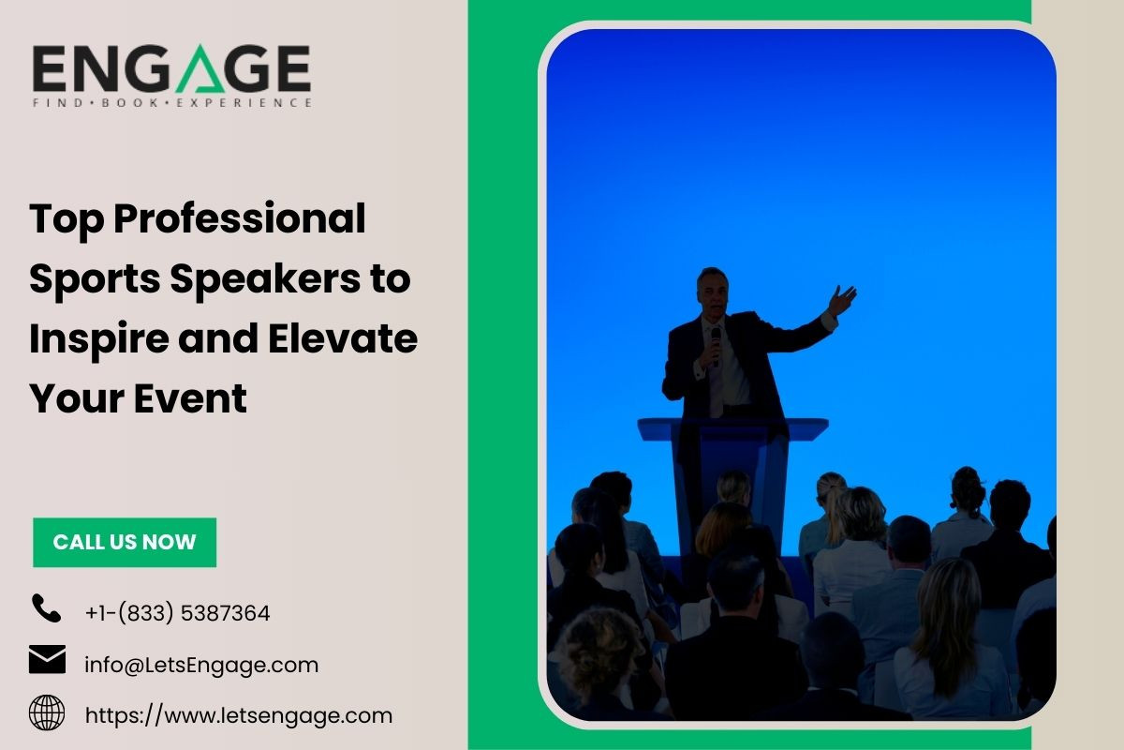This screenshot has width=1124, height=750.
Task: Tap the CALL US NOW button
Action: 125,542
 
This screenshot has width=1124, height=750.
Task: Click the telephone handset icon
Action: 46,608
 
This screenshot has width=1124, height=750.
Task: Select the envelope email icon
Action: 47,659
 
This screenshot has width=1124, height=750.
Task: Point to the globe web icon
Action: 47,712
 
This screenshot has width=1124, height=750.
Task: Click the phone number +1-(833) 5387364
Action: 178,613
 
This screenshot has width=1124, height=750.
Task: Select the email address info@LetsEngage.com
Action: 201,665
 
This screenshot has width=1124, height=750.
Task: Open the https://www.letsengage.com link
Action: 239,716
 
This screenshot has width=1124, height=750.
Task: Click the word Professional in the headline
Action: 240,220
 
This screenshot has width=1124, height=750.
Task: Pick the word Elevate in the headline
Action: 342,338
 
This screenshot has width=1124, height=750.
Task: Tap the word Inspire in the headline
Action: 99,340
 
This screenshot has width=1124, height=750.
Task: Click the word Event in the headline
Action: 190,398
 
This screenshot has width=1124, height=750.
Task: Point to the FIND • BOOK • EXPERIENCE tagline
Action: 172,103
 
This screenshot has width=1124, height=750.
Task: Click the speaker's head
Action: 713,292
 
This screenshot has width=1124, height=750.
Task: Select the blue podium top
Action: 733,429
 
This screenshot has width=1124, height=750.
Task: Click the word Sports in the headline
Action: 95,279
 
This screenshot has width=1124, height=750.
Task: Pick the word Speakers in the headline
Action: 265,279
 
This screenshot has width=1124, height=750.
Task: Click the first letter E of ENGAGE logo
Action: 50,68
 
